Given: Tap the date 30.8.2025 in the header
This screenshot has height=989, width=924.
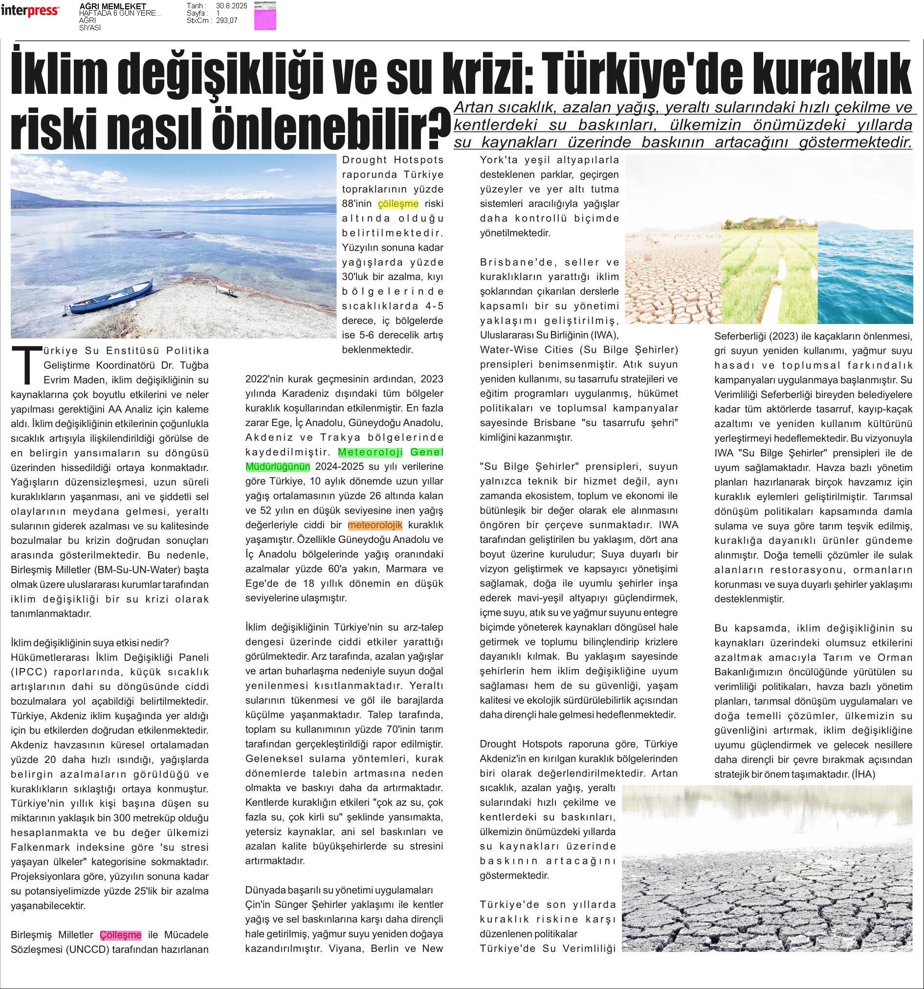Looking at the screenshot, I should [x=232, y=5].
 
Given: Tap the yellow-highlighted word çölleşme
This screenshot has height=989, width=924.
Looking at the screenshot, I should [x=398, y=203].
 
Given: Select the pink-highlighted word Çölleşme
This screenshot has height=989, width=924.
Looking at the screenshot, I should [x=120, y=935].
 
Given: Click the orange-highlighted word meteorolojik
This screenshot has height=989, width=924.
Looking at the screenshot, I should [x=374, y=525].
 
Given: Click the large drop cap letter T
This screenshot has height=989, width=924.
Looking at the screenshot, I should [x=24, y=365].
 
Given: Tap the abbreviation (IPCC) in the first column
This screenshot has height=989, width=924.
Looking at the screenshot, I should [x=29, y=671].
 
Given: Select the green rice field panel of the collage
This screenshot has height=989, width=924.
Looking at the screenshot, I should [x=769, y=271].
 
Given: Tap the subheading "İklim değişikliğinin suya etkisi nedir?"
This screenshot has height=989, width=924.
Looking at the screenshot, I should [x=90, y=642].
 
